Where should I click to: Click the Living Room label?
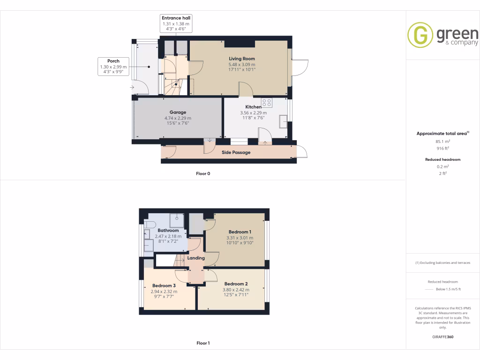[x=242, y=59]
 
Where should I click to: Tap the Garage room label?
[x=178, y=112]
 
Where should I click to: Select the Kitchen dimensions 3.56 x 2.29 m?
[x=253, y=112]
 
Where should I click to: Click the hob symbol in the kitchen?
[x=267, y=103]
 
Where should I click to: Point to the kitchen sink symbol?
[x=284, y=121]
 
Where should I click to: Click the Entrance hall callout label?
[x=176, y=18]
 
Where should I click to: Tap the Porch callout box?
[x=113, y=67]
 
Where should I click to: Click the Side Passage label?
[x=236, y=152]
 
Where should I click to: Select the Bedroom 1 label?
[x=240, y=232]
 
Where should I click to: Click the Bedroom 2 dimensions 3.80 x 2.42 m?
[x=235, y=289]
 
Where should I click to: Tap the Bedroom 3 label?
[x=164, y=285]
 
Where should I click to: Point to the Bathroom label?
[x=168, y=231]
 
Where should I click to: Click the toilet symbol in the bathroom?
[x=149, y=225]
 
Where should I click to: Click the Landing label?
[x=196, y=258]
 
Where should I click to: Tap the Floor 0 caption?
[x=203, y=173]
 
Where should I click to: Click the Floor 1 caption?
[x=203, y=343]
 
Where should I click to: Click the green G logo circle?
[x=420, y=35]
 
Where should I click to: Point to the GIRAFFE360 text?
[x=443, y=337]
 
